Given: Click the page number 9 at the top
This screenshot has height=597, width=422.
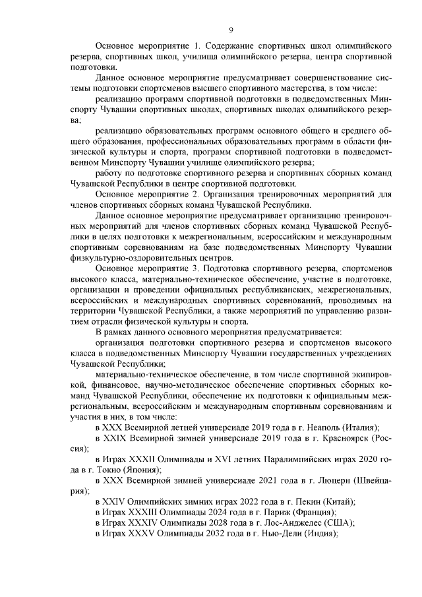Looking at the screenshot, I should (231, 30).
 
